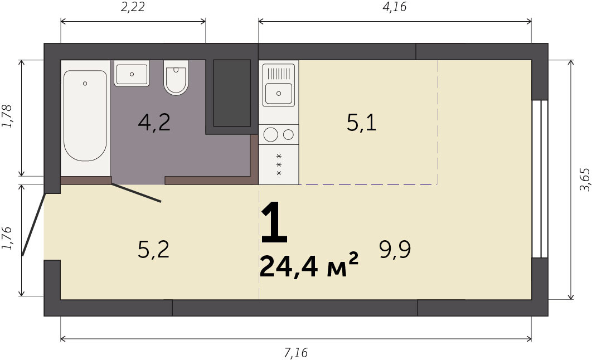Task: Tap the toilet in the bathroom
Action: coord(176,77)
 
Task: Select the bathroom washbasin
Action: coord(132,74)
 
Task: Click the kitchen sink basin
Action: coord(279,94)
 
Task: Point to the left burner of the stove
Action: coord(271,135)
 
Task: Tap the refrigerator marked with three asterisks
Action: coord(279,165)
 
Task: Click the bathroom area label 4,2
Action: coord(154,123)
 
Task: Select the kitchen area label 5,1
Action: coord(362,123)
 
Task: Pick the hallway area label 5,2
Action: coord(154,250)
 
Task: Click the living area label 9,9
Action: coord(395,250)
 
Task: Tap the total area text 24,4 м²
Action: coord(309,265)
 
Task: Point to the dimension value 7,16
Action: coord(296,353)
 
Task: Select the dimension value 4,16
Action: coord(395,7)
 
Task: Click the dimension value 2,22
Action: coord(133,7)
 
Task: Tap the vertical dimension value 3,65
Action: coord(584,179)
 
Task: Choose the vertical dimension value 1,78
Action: coord(7,116)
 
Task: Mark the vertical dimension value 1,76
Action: coord(7,239)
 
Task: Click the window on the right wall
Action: coord(540,179)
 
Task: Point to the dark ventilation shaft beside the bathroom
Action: coord(232,93)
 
